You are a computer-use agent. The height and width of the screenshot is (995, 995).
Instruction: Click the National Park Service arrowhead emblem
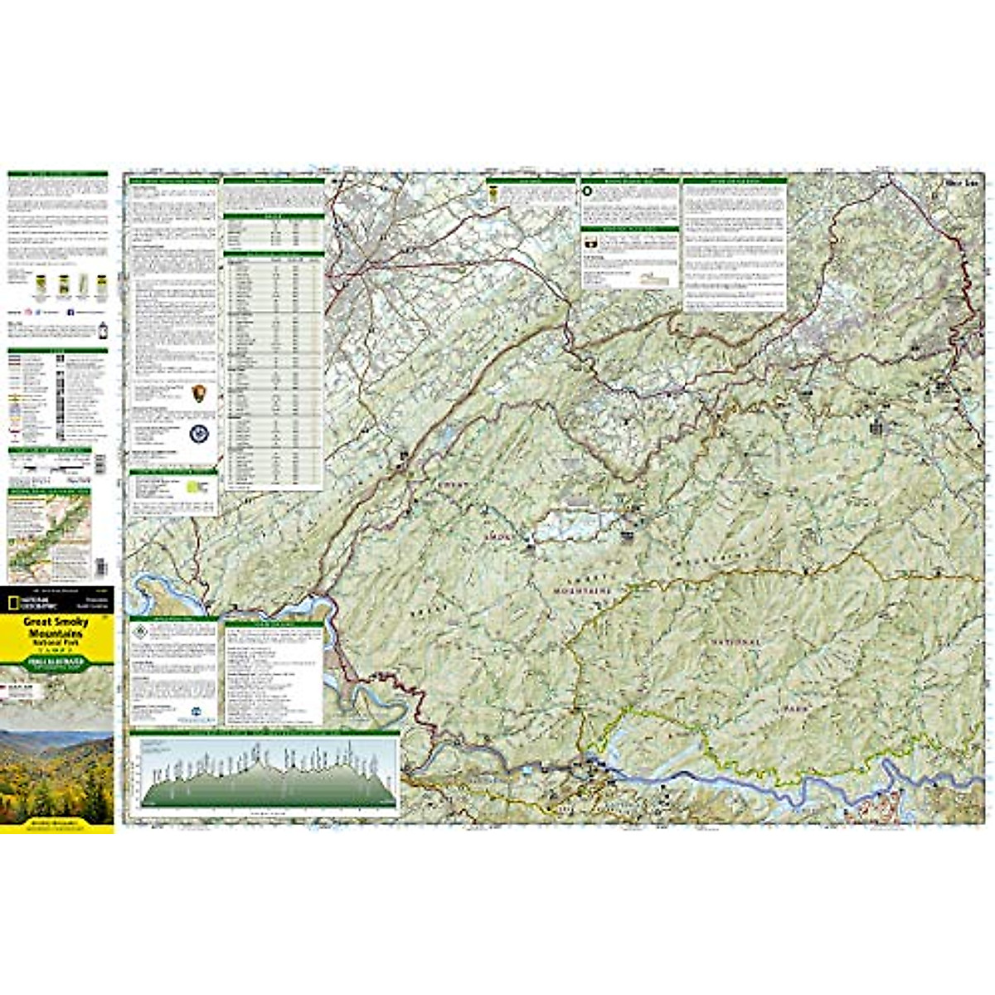[x=200, y=395]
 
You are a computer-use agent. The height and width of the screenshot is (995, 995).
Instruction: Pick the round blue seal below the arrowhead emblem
[x=200, y=433]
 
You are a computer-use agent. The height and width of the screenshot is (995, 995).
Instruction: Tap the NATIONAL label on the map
[x=733, y=643]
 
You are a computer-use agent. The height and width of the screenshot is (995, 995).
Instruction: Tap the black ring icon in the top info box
[x=588, y=192]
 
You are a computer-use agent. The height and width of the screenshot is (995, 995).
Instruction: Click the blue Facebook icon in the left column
[x=70, y=312]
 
